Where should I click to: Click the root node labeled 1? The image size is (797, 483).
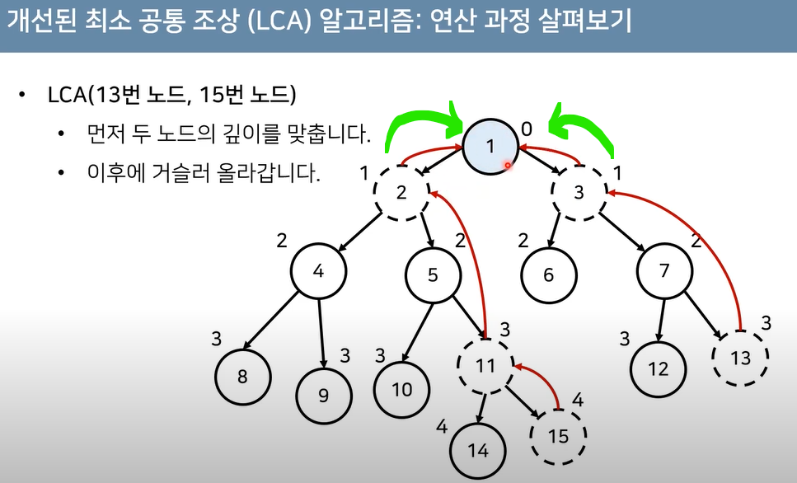490,146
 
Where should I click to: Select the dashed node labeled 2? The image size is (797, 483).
401,193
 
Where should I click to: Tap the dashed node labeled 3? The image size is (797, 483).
579,193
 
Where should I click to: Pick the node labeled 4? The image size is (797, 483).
318,271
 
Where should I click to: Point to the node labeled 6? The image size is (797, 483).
549,274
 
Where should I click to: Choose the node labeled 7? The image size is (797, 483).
665,271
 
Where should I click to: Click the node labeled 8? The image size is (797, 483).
242,376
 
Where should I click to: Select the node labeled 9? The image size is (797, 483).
323,394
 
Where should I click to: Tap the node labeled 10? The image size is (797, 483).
401,388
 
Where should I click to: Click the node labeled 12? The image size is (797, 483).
659,368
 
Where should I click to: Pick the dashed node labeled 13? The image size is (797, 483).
741,356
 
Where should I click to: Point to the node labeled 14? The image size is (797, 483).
478,450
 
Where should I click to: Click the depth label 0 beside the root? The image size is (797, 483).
527,128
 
